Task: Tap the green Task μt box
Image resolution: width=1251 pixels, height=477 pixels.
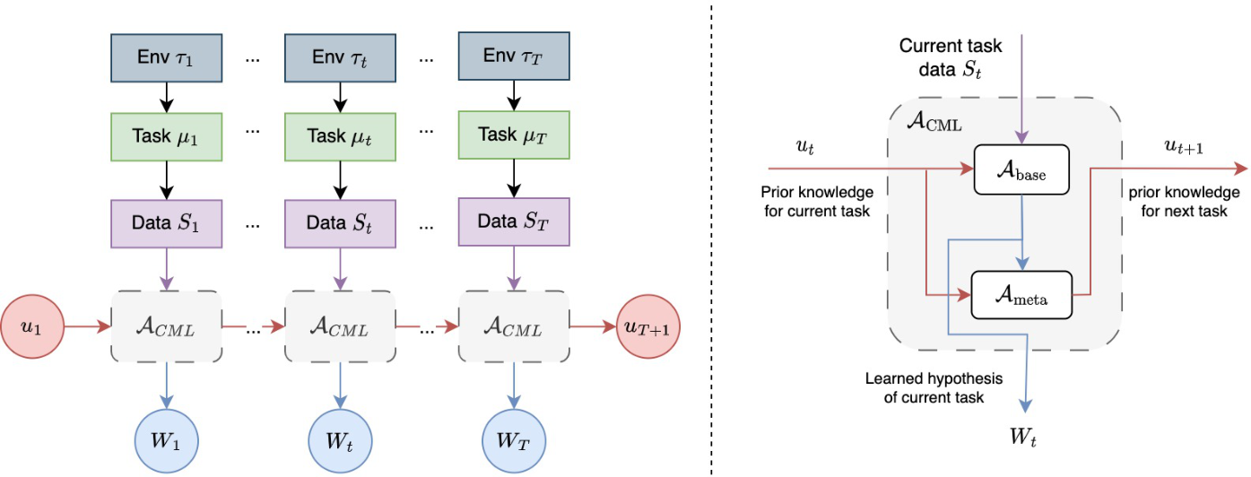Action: pos(339,136)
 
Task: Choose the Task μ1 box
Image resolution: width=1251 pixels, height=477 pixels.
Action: pos(166,136)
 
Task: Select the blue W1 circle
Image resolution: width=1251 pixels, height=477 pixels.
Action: pos(166,439)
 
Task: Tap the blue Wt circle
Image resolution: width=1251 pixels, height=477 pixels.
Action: pos(339,439)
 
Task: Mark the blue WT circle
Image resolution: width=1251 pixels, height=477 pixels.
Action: pos(512,439)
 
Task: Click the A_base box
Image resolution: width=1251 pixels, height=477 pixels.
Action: pos(1021,169)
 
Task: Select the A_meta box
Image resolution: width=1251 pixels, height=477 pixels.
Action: pos(1021,293)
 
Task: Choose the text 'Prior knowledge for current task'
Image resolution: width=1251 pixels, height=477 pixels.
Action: pos(815,201)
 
